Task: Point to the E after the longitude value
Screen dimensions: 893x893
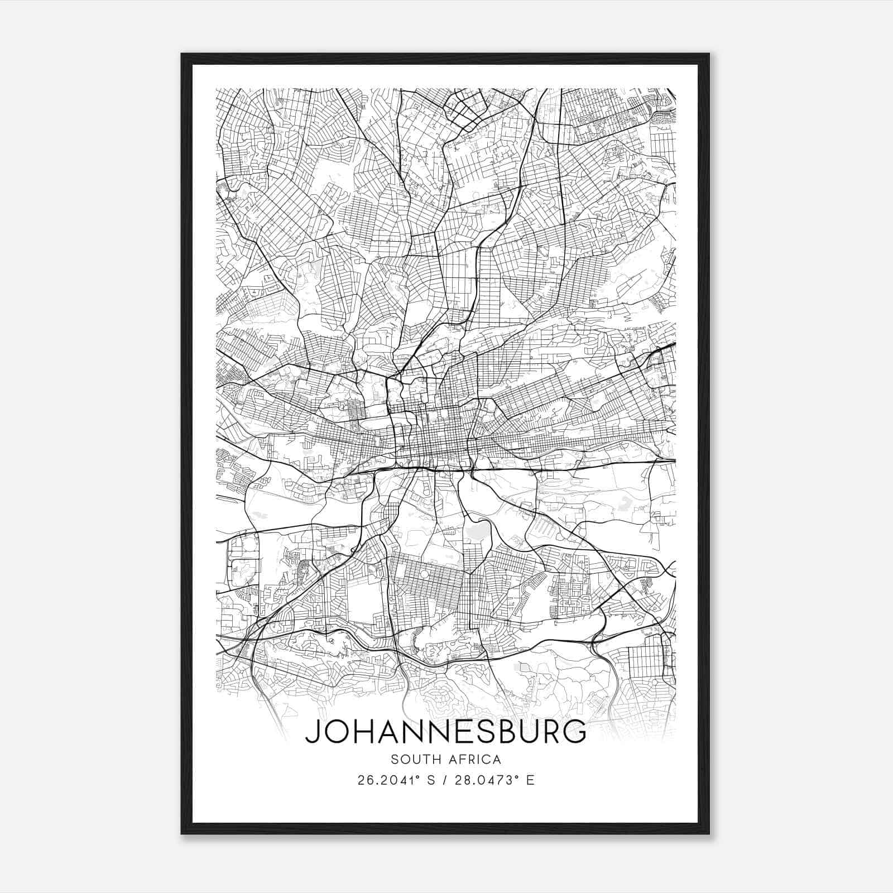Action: point(530,780)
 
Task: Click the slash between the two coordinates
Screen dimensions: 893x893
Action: point(444,780)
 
